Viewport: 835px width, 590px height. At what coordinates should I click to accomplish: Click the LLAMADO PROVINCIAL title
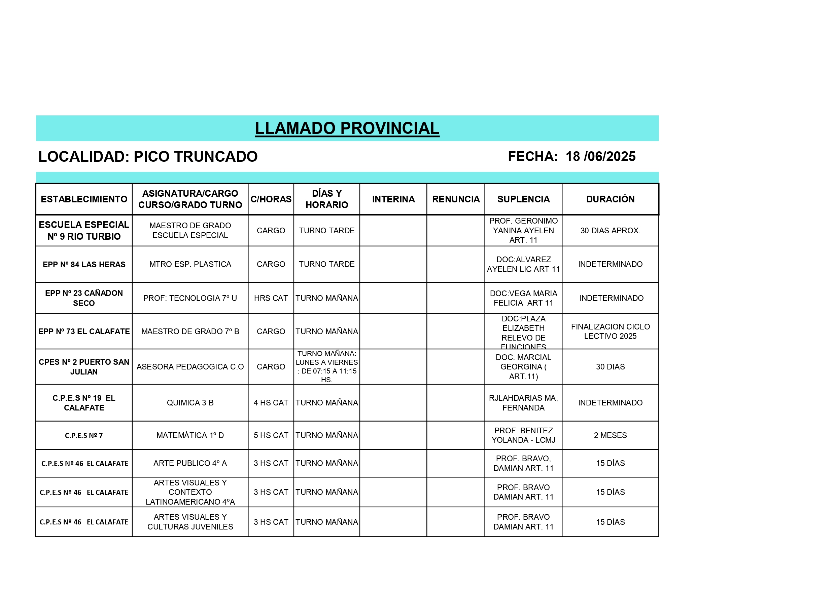pos(347,128)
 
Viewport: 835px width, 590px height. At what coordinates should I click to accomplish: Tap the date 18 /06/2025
pos(600,157)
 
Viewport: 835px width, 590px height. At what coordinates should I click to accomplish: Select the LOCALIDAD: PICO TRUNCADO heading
pos(148,157)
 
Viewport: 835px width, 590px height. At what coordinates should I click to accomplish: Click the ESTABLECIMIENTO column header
pos(84,199)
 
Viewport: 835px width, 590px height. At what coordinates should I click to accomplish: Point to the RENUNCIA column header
pos(456,199)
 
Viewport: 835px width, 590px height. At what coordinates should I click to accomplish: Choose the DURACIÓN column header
pos(610,199)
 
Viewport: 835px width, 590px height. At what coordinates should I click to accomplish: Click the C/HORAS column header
pos(271,199)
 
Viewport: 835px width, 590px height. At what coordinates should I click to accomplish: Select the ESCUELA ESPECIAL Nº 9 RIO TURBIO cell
pos(84,230)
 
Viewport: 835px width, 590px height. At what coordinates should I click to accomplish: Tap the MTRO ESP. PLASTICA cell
pos(190,264)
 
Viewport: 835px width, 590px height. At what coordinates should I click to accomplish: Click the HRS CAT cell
pos(271,298)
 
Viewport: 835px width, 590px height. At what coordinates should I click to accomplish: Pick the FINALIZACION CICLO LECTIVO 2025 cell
pos(610,331)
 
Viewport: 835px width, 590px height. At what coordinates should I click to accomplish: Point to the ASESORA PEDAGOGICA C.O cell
pos(190,366)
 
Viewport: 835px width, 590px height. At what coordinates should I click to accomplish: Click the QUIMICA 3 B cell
pos(190,402)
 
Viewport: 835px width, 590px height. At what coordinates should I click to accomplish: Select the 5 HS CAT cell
pos(271,435)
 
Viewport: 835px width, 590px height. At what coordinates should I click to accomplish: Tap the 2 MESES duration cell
pos(610,435)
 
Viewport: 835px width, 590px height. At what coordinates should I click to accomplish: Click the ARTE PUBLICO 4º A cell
pos(190,463)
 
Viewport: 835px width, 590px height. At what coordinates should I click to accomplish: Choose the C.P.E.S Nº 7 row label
pos(84,436)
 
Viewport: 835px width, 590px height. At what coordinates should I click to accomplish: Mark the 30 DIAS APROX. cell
pos(610,230)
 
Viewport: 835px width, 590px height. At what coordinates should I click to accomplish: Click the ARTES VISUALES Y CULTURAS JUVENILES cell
pos(190,522)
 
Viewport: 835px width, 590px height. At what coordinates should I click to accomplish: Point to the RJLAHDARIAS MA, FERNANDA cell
pos(523,402)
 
